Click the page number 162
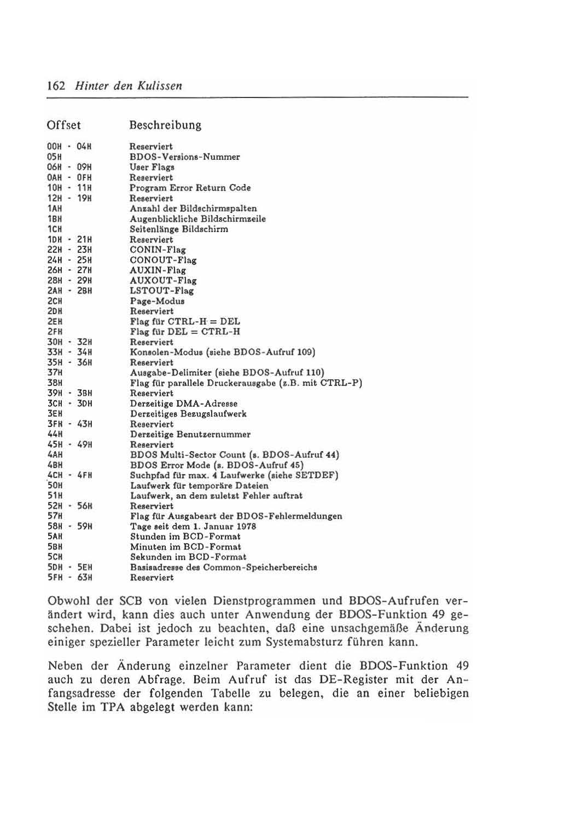[56, 86]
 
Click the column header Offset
[64, 125]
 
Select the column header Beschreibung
[165, 125]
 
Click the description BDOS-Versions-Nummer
[184, 157]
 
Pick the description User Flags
[152, 168]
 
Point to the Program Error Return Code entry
[190, 188]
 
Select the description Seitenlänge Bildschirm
[179, 229]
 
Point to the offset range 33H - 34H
[70, 352]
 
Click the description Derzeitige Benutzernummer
[190, 434]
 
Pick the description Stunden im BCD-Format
[185, 536]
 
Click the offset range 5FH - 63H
[70, 578]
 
